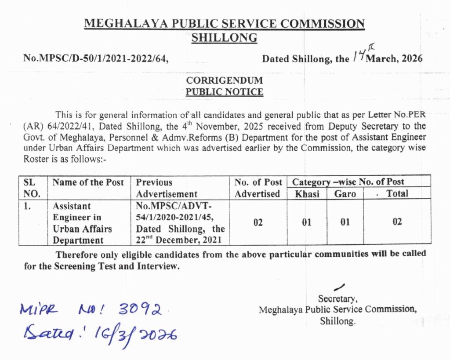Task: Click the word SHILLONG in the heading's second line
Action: coord(224,38)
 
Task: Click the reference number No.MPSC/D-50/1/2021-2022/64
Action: coord(96,58)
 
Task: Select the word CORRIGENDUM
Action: coord(225,80)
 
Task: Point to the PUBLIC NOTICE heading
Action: coord(225,92)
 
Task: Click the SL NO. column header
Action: coord(30,188)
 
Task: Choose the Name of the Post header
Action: coord(88,182)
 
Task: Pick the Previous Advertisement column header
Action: coord(167,188)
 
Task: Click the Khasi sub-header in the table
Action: coord(306,193)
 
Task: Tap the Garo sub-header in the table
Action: coord(345,193)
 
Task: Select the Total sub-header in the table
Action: coord(397,193)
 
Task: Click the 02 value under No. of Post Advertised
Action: coord(258,222)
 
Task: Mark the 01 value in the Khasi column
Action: coord(306,222)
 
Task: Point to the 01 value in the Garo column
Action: coord(345,222)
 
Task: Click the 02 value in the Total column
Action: coord(397,222)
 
